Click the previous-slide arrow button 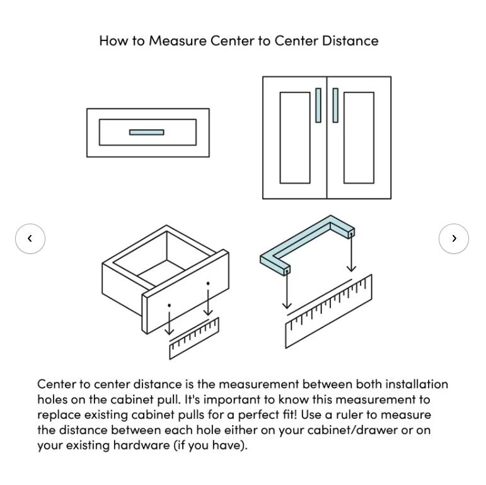30,239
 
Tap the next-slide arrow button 454,239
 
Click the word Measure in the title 178,41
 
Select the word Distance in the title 350,41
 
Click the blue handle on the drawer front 147,132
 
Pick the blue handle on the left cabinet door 318,105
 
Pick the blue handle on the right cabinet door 335,105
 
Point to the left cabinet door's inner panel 295,137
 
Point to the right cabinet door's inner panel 359,137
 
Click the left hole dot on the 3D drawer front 169,305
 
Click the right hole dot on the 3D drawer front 208,283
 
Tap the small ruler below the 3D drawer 194,338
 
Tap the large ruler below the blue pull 328,311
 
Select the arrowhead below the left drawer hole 169,332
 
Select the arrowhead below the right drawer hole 208,312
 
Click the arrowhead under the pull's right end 351,268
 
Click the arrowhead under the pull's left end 287,305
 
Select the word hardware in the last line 141,445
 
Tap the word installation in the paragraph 417,384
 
